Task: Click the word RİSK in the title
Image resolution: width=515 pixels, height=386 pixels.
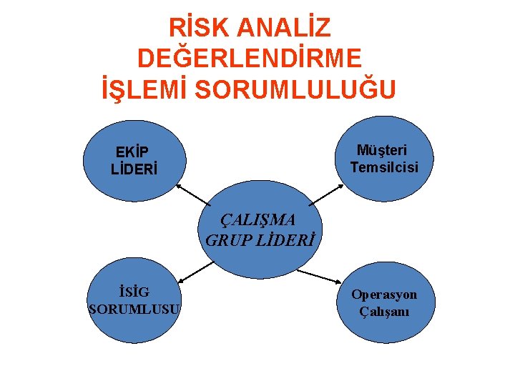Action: click(198, 28)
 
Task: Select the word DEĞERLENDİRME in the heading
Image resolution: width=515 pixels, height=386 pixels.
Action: click(250, 59)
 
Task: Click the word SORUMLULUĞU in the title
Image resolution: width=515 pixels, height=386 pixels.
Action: click(295, 89)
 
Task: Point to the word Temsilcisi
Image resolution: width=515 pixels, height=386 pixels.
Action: click(384, 168)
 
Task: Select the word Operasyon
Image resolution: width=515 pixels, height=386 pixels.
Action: click(384, 295)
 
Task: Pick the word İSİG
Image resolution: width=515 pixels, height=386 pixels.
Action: click(134, 292)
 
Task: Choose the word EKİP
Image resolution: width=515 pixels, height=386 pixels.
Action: click(132, 152)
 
